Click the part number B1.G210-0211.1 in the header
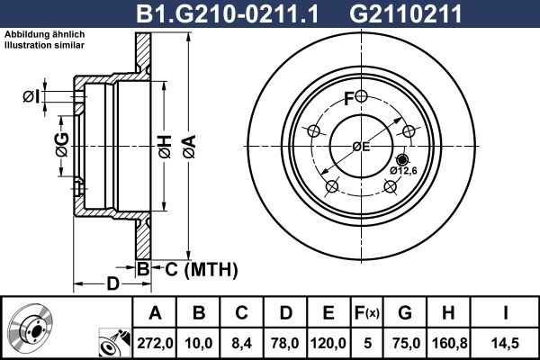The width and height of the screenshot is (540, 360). coord(228,13)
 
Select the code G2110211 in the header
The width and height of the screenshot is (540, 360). coord(405,13)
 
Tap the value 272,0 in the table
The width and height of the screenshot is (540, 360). coord(155,343)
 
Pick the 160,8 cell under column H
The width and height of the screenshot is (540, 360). coord(449,343)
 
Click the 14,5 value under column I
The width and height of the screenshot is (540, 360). coord(505,343)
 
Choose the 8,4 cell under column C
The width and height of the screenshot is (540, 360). coord(242,343)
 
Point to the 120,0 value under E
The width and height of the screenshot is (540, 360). coord(328,343)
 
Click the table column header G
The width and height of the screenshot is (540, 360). coord(405,313)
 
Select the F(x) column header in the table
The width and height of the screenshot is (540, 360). coord(367,313)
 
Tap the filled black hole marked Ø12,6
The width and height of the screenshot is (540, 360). coord(402,159)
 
